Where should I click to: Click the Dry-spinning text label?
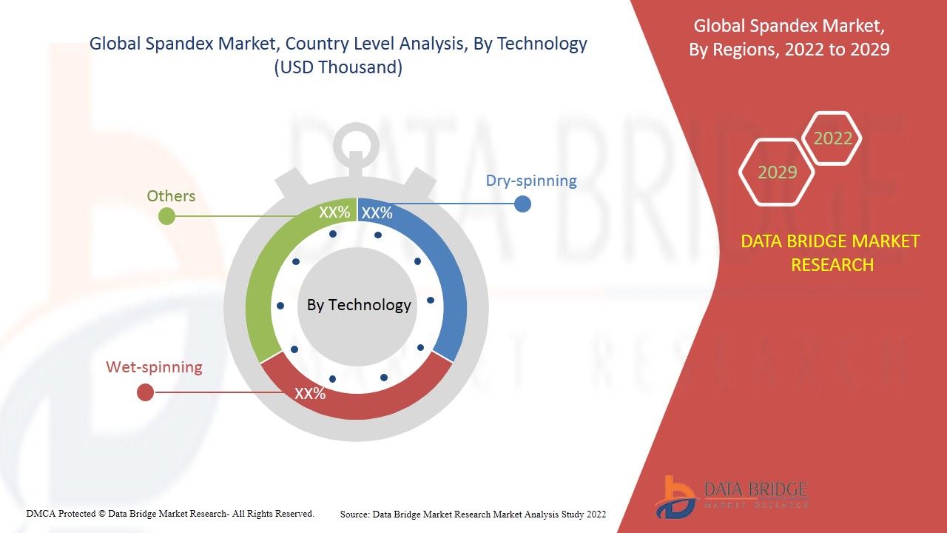tap(531, 181)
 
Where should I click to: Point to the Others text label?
tap(171, 196)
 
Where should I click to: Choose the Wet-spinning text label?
tap(154, 366)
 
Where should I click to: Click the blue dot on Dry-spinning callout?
tap(522, 204)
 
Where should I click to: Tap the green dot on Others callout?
tap(166, 216)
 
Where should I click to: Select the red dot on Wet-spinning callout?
tap(146, 392)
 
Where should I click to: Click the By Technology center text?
tap(359, 304)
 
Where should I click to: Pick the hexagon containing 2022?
tap(832, 138)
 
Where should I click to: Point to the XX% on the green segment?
tap(334, 212)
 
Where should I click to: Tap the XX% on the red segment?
tap(310, 393)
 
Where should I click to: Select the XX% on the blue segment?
tap(377, 212)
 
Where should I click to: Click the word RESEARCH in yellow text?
tap(832, 265)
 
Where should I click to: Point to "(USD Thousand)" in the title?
tap(338, 67)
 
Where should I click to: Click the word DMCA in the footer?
tap(41, 514)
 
